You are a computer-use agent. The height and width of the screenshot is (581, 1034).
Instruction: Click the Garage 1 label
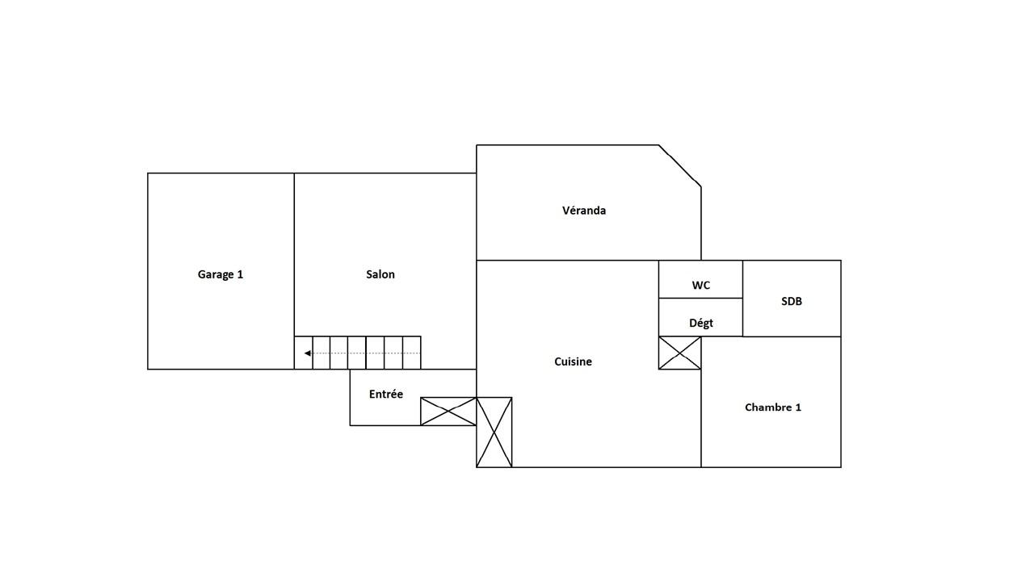tap(221, 274)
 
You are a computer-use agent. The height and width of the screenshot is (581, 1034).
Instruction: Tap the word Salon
tap(380, 274)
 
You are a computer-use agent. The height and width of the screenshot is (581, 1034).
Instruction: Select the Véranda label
tap(584, 211)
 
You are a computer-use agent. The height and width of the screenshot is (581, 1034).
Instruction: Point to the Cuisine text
tap(573, 362)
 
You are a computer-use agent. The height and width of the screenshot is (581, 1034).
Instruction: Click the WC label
tap(700, 286)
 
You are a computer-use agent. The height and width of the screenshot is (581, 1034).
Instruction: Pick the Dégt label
tap(700, 324)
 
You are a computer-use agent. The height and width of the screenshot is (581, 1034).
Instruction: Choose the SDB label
tap(792, 302)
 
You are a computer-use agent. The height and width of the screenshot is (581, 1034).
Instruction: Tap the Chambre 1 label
tap(773, 408)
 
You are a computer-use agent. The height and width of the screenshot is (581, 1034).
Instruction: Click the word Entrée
tap(386, 394)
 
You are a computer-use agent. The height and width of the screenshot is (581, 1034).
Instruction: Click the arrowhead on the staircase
tap(308, 353)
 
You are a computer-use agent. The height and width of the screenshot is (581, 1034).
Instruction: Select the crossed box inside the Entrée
tap(448, 412)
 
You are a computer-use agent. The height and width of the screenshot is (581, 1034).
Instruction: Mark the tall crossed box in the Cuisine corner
tap(494, 432)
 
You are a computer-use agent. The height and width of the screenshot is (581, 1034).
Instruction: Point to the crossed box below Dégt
tap(680, 353)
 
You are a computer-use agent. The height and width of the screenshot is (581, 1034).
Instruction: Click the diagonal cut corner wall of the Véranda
tap(680, 166)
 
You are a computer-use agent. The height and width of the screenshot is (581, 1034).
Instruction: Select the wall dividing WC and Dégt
tap(700, 298)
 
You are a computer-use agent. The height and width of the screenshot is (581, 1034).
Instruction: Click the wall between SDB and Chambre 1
tap(792, 336)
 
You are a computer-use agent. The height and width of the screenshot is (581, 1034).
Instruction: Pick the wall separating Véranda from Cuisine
tap(589, 260)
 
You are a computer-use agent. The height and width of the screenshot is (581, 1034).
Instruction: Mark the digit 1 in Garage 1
tap(240, 274)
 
